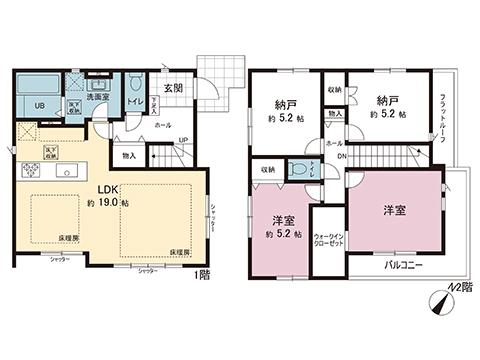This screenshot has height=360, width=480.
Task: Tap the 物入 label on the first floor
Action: pos(129,155)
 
